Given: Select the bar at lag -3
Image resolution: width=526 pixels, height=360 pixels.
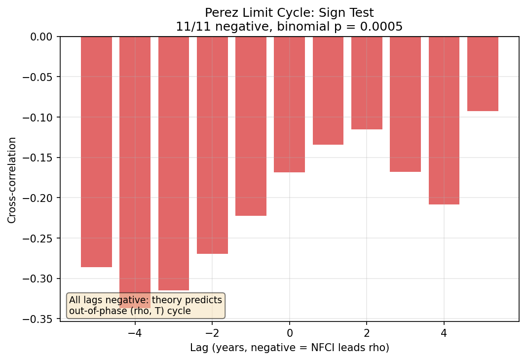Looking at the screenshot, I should point(174,163).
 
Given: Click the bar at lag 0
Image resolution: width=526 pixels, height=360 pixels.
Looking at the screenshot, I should point(289,104).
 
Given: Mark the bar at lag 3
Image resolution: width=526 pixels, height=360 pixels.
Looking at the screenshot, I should point(405,104).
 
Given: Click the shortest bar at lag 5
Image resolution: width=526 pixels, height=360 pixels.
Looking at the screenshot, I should point(483,74).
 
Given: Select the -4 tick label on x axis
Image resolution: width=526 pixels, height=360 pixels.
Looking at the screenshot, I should point(135,332).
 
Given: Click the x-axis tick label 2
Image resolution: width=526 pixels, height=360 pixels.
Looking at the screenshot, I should point(367,332).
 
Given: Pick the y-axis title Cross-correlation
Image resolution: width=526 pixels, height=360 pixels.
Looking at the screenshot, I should point(12,180).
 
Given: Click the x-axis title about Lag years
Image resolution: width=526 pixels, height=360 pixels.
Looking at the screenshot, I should point(290,348).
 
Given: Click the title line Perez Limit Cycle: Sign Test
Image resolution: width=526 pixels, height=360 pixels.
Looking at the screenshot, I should point(289,13).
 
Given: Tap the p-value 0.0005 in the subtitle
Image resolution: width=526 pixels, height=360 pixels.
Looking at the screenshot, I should point(387,26).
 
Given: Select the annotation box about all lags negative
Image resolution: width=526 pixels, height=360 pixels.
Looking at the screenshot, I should point(146,305).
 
